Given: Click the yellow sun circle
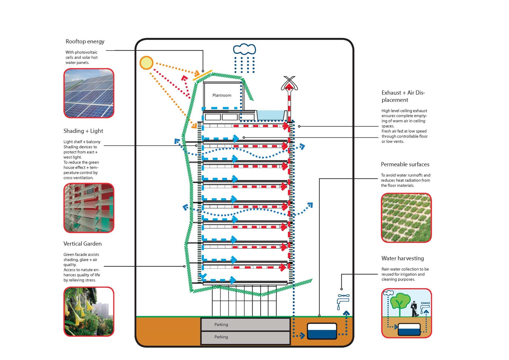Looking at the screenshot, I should pyautogui.click(x=146, y=63).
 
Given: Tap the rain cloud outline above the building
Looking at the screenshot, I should pyautogui.click(x=244, y=49).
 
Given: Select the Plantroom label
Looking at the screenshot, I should pyautogui.click(x=222, y=95).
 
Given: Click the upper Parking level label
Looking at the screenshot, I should pyautogui.click(x=221, y=325).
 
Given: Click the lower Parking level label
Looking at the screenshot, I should pyautogui.click(x=221, y=337).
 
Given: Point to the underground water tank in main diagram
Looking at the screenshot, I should pyautogui.click(x=322, y=331).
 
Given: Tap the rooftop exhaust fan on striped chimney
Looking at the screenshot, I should pyautogui.click(x=289, y=83).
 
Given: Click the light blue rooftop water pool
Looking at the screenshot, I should pyautogui.click(x=270, y=115).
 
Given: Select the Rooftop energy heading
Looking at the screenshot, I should pyautogui.click(x=85, y=41).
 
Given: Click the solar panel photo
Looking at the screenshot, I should pyautogui.click(x=89, y=93).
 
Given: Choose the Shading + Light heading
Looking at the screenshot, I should pyautogui.click(x=83, y=131).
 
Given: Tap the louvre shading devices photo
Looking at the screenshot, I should pyautogui.click(x=89, y=208).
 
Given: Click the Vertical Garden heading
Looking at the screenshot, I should pyautogui.click(x=82, y=244).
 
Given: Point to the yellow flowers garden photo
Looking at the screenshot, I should pyautogui.click(x=89, y=312).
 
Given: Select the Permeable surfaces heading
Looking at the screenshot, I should pyautogui.click(x=405, y=164).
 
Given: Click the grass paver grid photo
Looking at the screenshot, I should pyautogui.click(x=406, y=218).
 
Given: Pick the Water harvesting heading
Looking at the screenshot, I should pyautogui.click(x=402, y=258).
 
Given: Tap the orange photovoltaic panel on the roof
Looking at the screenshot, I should pyautogui.click(x=202, y=75).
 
